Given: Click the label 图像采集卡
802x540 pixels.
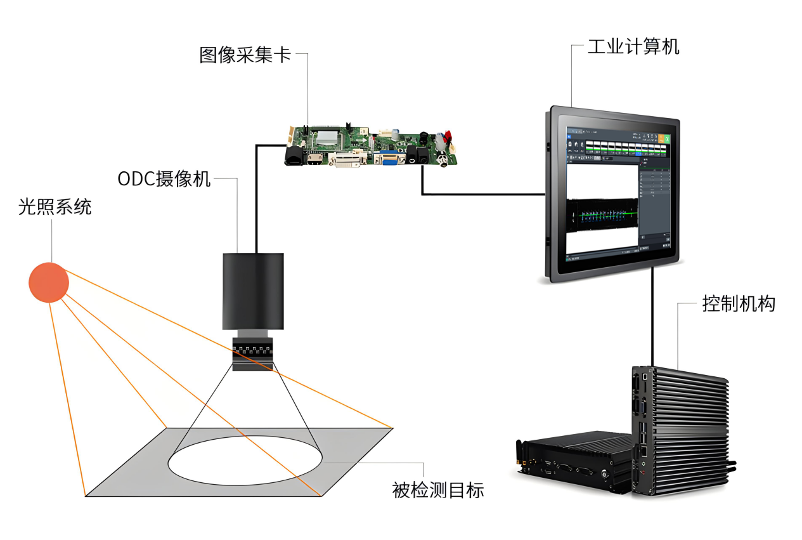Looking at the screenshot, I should pos(245,55).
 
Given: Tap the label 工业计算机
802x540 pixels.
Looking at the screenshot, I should pos(633,46).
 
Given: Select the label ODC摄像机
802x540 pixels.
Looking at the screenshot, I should pos(164,179).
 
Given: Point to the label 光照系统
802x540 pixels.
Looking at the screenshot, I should pos(55,207).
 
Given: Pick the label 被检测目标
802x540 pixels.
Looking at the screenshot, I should pos(437,490).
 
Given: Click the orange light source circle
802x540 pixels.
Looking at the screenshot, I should pos(49,282).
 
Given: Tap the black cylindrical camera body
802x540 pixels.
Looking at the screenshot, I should pos(253,291).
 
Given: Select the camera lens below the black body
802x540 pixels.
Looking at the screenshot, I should pos(252,353).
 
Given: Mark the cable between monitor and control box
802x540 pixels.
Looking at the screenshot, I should pos(652,317).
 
